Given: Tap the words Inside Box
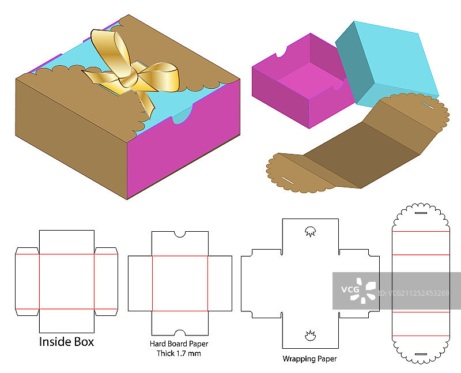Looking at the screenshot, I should pos(66,341).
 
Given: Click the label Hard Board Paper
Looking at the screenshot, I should pos(179,344).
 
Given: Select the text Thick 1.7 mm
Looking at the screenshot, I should pos(179,353).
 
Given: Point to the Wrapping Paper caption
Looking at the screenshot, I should pos(309,359).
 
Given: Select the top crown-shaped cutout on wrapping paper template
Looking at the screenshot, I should pos(309,232).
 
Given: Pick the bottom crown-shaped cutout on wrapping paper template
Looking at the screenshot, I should pos(309,335).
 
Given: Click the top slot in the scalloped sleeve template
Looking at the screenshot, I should pos(420,213).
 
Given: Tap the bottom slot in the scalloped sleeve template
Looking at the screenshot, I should pos(420,353).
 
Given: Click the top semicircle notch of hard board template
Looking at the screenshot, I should pos(180,233).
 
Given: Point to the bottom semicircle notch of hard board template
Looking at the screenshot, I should pos(180,333).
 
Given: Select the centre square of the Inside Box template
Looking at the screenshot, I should pos(66,281).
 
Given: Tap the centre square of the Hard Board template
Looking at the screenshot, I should pos(180,283).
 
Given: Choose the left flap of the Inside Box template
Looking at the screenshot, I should pos(27,281).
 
